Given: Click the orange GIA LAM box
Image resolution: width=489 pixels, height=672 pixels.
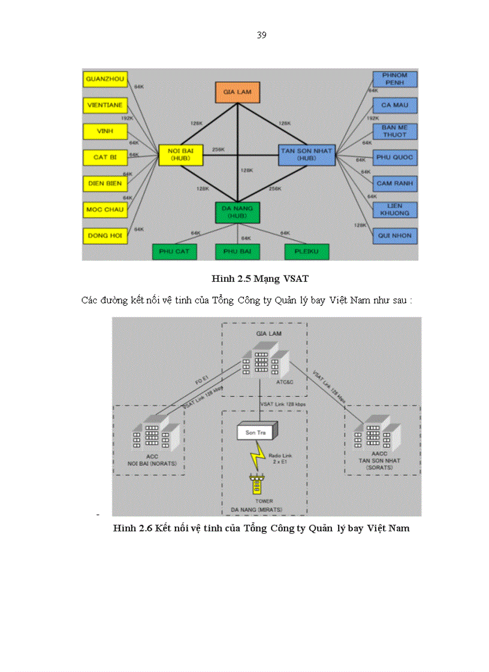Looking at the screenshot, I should point(237,92).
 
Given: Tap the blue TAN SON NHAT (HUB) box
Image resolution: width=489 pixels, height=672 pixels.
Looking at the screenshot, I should point(306,154).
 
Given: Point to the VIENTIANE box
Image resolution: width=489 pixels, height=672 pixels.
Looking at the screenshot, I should point(105,105).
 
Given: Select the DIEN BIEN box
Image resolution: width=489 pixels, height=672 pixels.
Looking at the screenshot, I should point(105,183).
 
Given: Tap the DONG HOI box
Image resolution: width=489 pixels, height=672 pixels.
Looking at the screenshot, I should point(105,235).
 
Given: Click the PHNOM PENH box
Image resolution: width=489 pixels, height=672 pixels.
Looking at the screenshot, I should point(394,79).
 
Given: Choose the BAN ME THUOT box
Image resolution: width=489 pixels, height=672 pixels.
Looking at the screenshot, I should point(394,131).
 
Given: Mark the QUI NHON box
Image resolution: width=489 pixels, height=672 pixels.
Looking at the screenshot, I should point(394,236).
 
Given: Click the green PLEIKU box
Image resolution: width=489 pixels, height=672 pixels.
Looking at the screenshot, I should point(307,252).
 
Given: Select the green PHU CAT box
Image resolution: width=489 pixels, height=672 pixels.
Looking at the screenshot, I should point(174,252).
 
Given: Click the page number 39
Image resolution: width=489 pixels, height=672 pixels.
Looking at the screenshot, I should point(261,35).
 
